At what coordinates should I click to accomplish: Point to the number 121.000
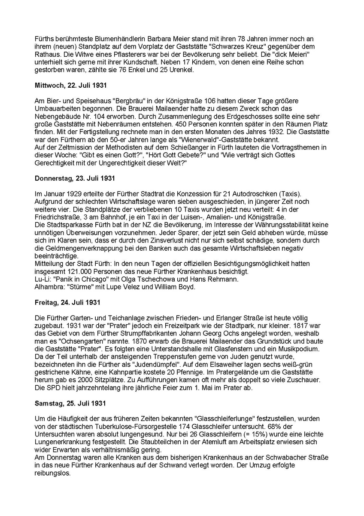click(x=79, y=270)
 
